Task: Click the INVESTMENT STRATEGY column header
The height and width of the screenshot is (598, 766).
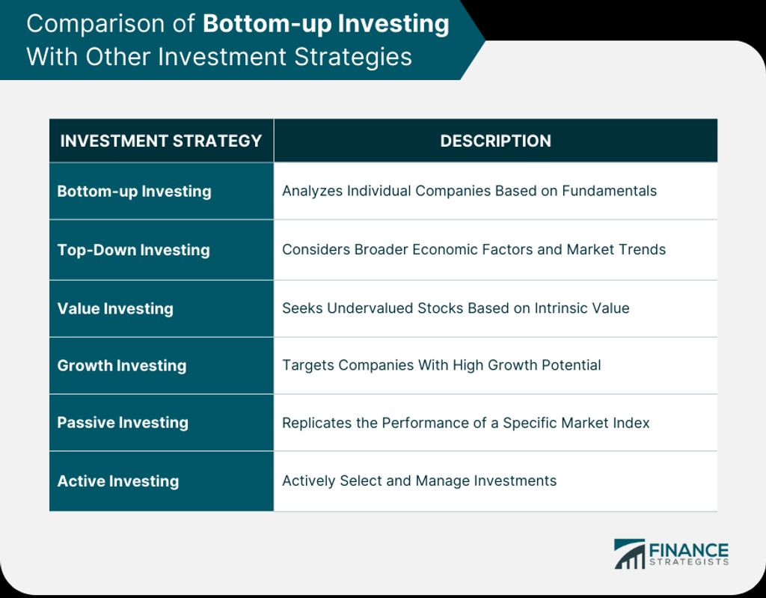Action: pyautogui.click(x=161, y=141)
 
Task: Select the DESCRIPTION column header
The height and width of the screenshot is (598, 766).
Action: pyautogui.click(x=495, y=141)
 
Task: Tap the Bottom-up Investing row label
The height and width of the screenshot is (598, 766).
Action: pyautogui.click(x=135, y=191)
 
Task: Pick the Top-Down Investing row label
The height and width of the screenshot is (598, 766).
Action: pyautogui.click(x=133, y=250)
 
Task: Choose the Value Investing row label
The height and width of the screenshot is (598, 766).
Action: pyautogui.click(x=115, y=308)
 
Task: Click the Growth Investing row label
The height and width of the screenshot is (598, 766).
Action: pyautogui.click(x=122, y=366)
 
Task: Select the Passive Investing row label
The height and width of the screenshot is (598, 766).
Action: pyautogui.click(x=123, y=422)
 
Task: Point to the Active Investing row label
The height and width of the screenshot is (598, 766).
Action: pyautogui.click(x=118, y=481)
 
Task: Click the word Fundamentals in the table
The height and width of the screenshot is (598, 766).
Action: pyautogui.click(x=609, y=191)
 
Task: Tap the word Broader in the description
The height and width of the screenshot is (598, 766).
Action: pyautogui.click(x=381, y=249)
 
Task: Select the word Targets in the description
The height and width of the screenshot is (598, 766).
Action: pyautogui.click(x=307, y=365)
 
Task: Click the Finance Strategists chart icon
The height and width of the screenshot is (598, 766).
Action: pyautogui.click(x=630, y=554)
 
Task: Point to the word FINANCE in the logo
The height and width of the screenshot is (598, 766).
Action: pyautogui.click(x=689, y=550)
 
